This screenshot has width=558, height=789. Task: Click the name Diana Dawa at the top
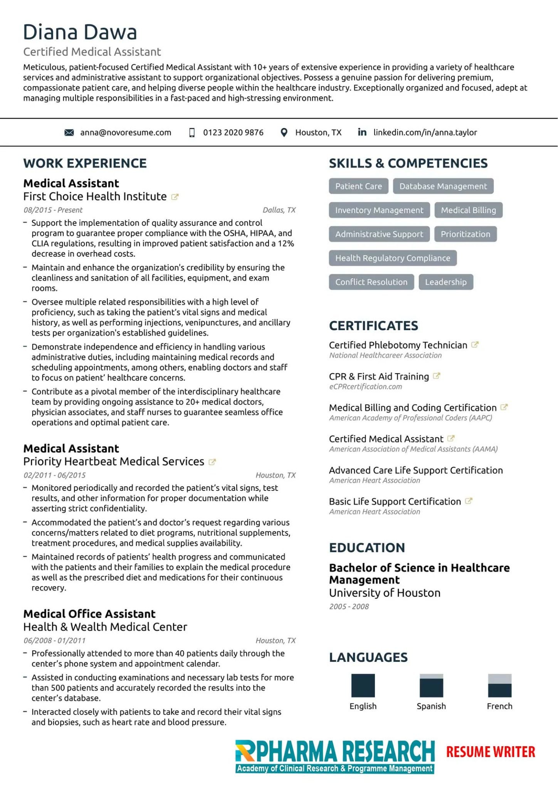coord(80,32)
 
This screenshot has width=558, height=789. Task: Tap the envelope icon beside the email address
coord(69,133)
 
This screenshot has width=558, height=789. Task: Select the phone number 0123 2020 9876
coord(233,133)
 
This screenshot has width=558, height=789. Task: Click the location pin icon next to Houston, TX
coord(284,133)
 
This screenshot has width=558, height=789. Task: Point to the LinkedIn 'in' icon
coord(362,132)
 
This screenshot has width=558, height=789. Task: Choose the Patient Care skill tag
coord(358,186)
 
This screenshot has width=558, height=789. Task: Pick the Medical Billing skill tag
coord(468,210)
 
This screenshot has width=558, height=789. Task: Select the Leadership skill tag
coord(445,282)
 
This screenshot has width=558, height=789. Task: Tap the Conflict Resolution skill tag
coord(371,282)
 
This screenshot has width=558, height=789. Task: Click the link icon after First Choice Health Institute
coord(175,197)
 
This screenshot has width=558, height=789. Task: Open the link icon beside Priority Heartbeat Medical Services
coord(212,462)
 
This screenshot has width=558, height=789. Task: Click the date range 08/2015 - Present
coord(53,210)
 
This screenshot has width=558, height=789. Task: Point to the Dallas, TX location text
coord(279,210)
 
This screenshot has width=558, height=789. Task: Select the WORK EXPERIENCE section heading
coord(85,163)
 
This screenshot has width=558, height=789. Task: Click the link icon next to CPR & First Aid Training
coord(436,376)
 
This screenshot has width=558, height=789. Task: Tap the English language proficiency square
coord(363,685)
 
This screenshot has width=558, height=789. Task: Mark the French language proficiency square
coord(499,685)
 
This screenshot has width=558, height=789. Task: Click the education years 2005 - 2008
coord(349,606)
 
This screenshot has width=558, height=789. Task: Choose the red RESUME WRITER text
coord(491,752)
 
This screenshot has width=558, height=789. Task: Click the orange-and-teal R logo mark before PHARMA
coord(245,751)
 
